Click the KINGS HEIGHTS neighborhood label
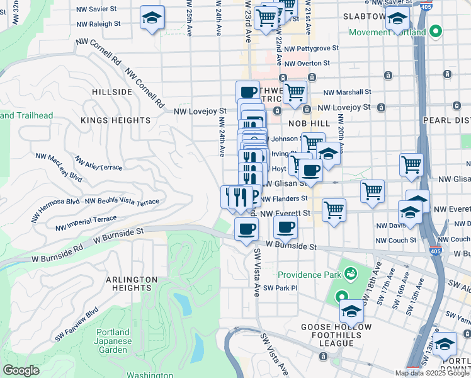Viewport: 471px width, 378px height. (x=116, y=120)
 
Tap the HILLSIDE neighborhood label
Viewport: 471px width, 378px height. (x=112, y=92)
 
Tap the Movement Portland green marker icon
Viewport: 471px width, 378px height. (x=434, y=32)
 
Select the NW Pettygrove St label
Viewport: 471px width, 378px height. (x=311, y=48)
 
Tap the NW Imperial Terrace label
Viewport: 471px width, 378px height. (x=86, y=222)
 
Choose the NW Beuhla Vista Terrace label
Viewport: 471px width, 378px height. (x=122, y=201)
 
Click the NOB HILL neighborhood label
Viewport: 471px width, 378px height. (x=305, y=124)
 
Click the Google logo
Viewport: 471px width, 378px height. (x=21, y=370)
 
